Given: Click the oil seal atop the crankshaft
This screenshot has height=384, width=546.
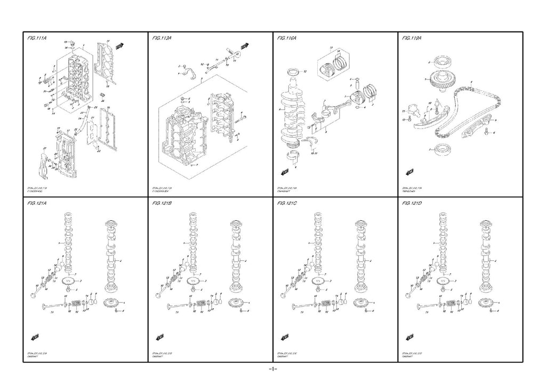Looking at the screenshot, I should pos(293,71).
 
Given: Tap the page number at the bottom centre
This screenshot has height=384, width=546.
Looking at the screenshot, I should pos(272,369).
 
